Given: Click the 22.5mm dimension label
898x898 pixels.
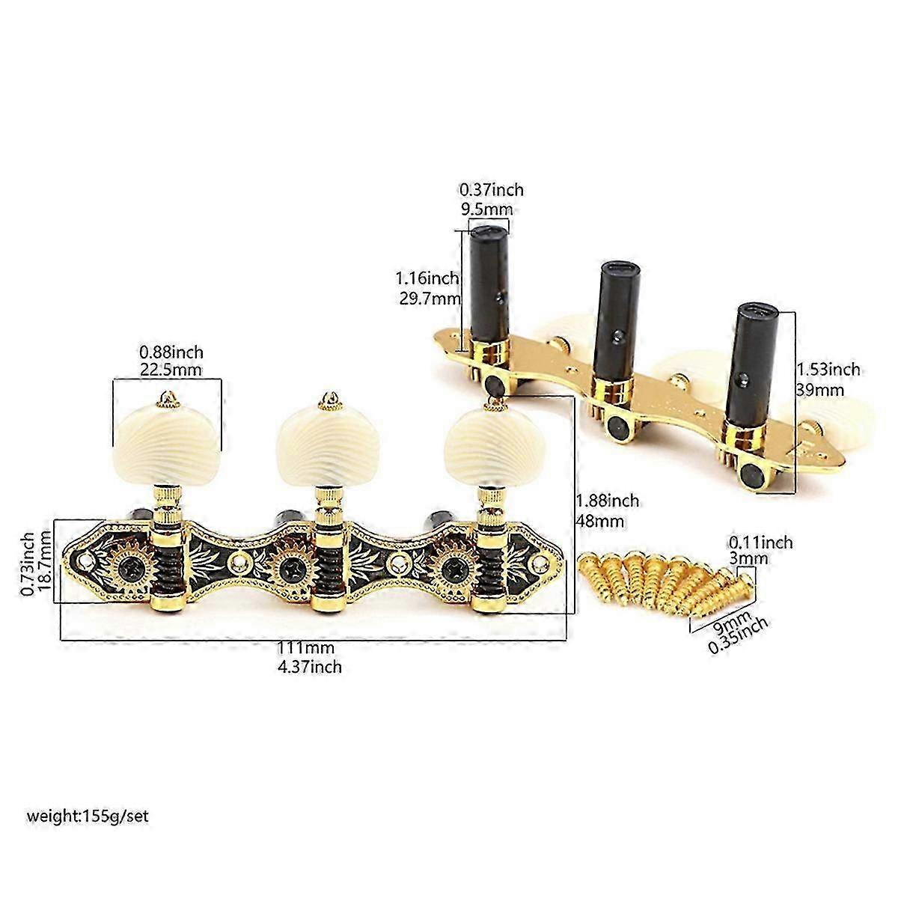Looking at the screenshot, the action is click(x=171, y=370).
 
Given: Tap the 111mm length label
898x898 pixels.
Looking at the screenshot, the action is click(x=306, y=648).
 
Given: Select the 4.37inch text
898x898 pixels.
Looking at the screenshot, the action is click(x=309, y=667).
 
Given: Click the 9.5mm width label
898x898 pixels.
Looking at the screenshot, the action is click(x=486, y=210).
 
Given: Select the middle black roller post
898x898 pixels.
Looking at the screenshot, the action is click(x=615, y=320).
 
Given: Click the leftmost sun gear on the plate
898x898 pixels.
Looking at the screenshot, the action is click(x=128, y=567).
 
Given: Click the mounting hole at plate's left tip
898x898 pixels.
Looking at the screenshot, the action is click(x=85, y=560).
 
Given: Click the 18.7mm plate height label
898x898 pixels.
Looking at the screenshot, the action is click(x=45, y=564).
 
